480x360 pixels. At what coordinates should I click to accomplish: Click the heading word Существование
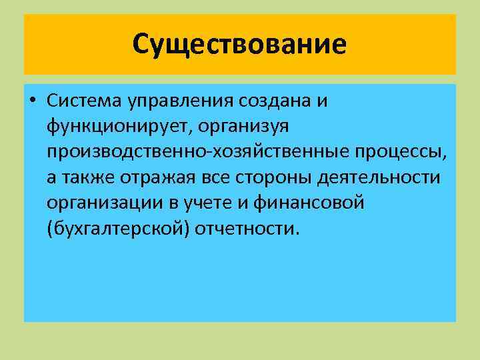pos(239,45)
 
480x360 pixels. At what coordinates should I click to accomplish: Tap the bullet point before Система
pos(32,101)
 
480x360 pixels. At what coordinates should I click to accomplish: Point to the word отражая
pos(154,177)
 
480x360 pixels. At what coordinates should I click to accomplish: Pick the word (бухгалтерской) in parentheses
pos(118,228)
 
